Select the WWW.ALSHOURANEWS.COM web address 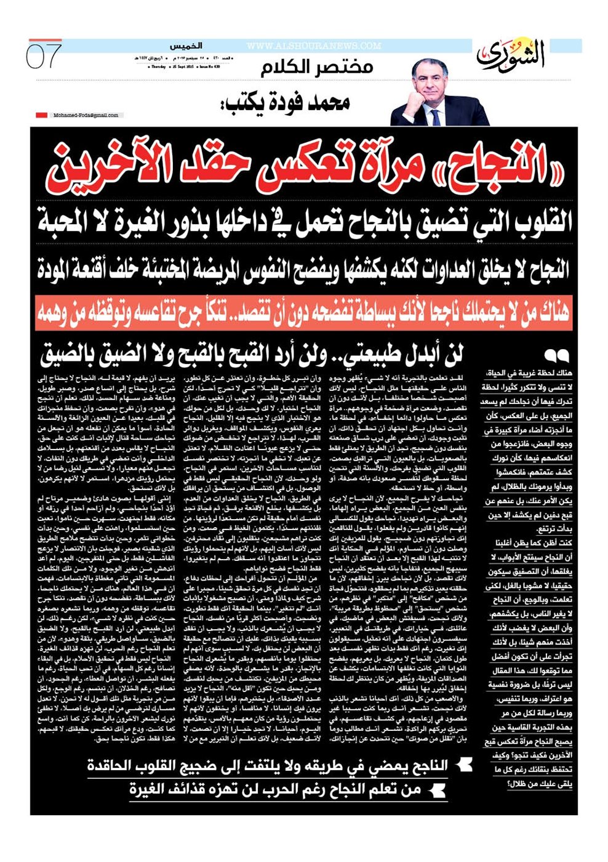(x=313, y=46)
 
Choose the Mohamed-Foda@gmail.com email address (x=86, y=115)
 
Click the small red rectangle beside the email (x=41, y=115)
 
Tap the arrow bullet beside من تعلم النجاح (x=438, y=790)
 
